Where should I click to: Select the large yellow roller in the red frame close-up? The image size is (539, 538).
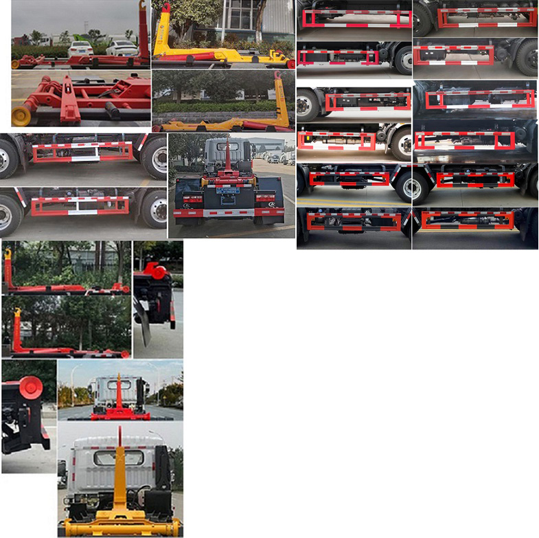pyautogui.click(x=21, y=113)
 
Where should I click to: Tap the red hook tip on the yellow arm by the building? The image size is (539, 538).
pyautogui.click(x=165, y=7)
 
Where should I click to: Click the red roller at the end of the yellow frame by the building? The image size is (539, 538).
pyautogui.click(x=290, y=63)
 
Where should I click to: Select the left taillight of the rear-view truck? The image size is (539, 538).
pyautogui.click(x=192, y=199)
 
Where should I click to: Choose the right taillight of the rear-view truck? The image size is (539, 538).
pyautogui.click(x=264, y=199)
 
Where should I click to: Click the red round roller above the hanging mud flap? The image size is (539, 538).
pyautogui.click(x=158, y=272)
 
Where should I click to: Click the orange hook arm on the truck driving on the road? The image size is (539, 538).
pyautogui.click(x=118, y=392)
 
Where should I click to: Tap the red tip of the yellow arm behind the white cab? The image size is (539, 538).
pyautogui.click(x=119, y=434)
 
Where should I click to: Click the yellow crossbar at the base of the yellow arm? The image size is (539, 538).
pyautogui.click(x=120, y=526)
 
